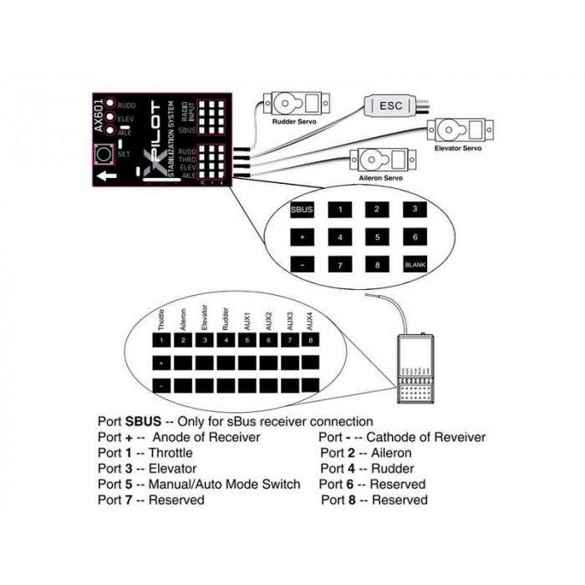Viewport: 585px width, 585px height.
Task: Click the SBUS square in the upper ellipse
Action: point(302,210)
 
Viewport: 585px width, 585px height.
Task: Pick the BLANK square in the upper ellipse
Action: point(415,264)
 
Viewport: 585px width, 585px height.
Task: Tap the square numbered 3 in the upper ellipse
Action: point(415,210)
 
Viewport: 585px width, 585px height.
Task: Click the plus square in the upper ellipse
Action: point(302,237)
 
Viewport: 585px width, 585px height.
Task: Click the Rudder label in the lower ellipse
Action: point(226,319)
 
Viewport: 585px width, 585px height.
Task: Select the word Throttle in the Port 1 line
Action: point(172,453)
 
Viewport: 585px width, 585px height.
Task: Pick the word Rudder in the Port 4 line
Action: point(394,469)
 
